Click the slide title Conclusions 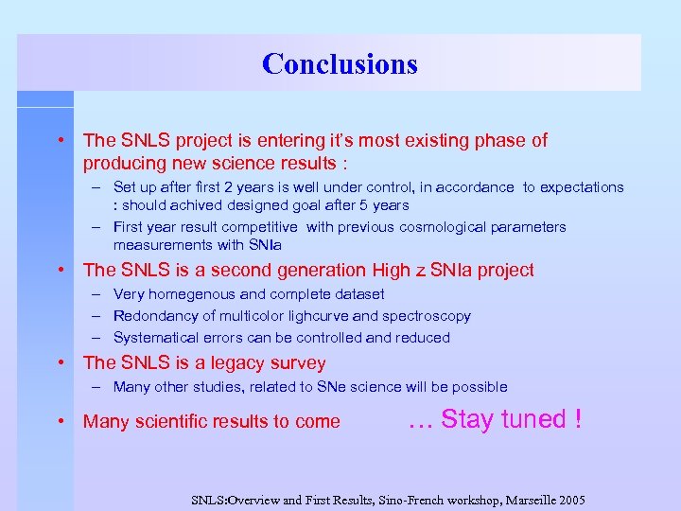pyautogui.click(x=340, y=63)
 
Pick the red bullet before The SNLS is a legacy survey pyautogui.click(x=61, y=363)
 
